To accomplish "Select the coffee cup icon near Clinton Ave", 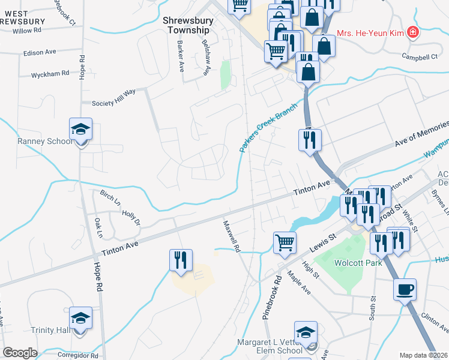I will [405, 290].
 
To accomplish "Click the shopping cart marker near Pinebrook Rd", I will [285, 243].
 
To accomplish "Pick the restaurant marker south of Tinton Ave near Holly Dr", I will [181, 260].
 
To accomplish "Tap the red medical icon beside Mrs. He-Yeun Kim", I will [412, 32].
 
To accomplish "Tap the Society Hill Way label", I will [114, 103].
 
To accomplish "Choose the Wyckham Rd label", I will [50, 74].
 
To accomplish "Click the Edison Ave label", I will [40, 53].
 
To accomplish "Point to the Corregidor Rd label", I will [78, 355].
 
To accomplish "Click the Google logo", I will [20, 352].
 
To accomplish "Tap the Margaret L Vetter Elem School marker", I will [306, 333].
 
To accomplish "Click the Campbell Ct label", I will [420, 57].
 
